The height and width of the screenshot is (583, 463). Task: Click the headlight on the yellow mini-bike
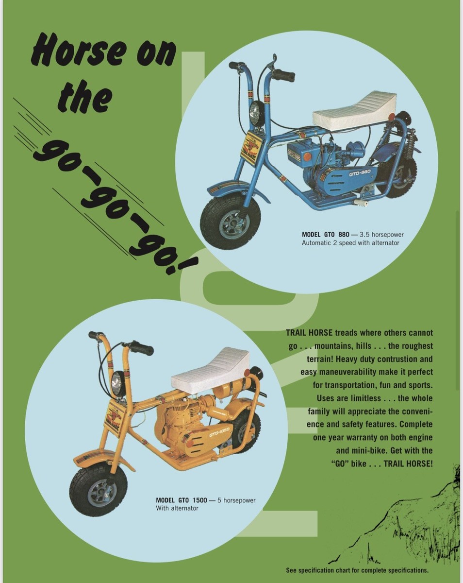(x=117, y=382)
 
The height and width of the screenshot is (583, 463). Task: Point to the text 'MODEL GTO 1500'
(x=182, y=500)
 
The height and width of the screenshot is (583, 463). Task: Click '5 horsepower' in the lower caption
(x=236, y=500)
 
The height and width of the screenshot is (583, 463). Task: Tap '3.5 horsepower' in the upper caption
(x=381, y=235)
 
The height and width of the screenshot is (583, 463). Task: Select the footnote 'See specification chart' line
(x=357, y=570)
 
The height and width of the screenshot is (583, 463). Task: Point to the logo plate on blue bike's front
(x=253, y=144)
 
